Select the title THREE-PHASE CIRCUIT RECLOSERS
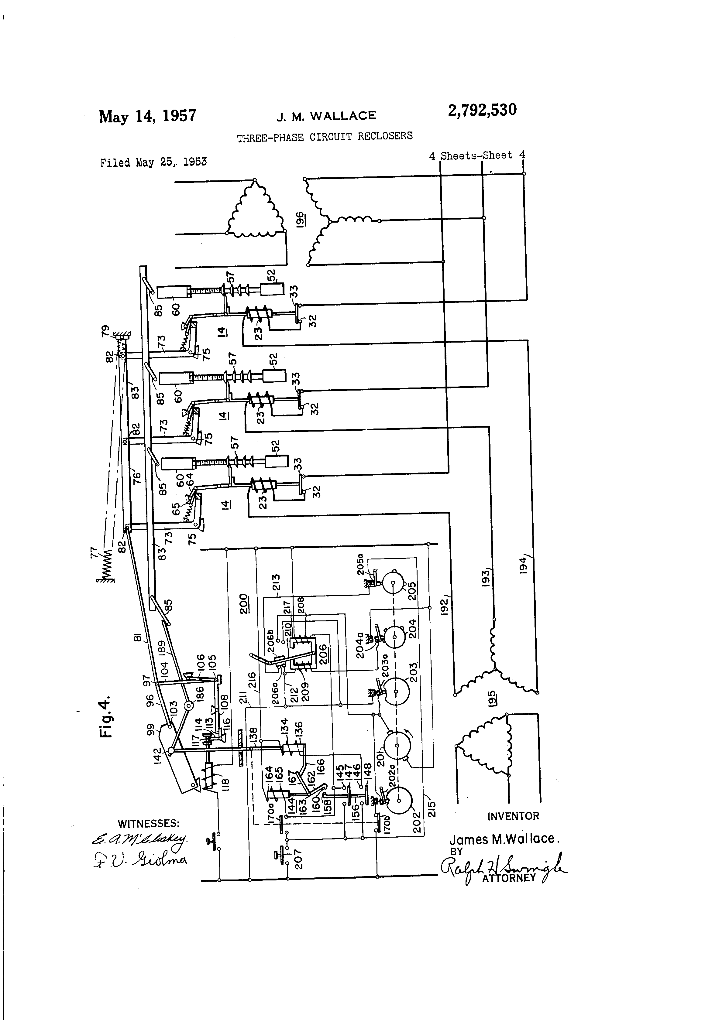(x=325, y=136)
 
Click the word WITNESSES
(x=148, y=823)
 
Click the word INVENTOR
(x=513, y=816)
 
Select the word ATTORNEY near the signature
(x=508, y=878)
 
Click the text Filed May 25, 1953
(x=153, y=162)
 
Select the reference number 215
(x=431, y=809)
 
